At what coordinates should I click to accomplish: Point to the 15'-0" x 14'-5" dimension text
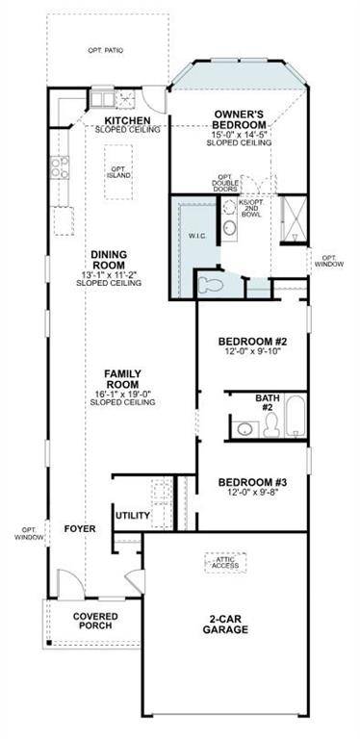(240, 134)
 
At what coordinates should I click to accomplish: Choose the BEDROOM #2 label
(253, 342)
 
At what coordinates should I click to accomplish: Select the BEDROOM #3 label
(253, 482)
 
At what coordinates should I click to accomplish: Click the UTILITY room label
(133, 516)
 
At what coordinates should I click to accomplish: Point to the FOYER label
(79, 529)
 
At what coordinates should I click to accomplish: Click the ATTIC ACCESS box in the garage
(226, 561)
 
